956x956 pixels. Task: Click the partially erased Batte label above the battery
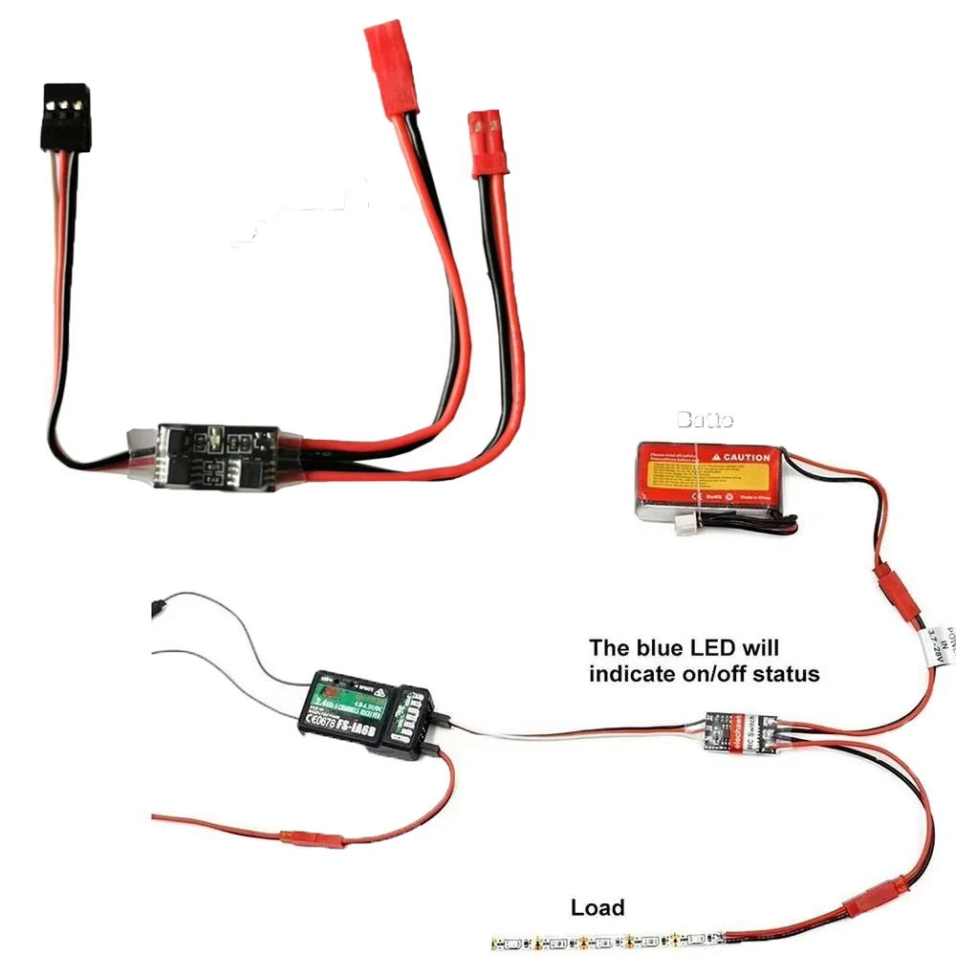click(705, 420)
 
